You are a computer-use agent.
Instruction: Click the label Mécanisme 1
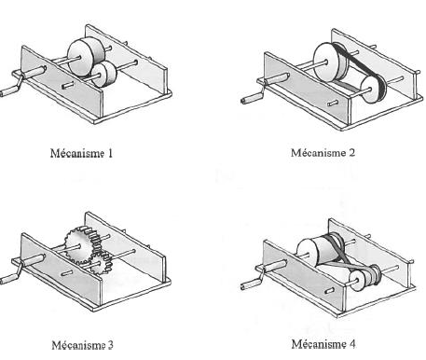(x=81, y=153)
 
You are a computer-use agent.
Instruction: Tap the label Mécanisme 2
(x=323, y=153)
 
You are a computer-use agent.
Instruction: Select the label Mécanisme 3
(x=82, y=345)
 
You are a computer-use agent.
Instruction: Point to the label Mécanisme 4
(x=323, y=344)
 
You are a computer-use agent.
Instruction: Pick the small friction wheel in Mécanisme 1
(x=104, y=74)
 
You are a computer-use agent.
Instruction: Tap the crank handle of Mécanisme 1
(x=8, y=91)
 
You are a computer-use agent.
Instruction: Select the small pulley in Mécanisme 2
(x=373, y=89)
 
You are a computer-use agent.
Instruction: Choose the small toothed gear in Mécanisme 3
(x=101, y=263)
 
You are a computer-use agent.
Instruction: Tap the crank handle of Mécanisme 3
(x=8, y=278)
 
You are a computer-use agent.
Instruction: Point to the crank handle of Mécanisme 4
(x=251, y=284)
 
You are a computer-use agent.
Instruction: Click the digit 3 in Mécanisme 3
(x=110, y=345)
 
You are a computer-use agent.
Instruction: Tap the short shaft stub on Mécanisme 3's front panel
(x=67, y=273)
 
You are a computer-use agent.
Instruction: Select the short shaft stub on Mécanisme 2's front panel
(x=333, y=103)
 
